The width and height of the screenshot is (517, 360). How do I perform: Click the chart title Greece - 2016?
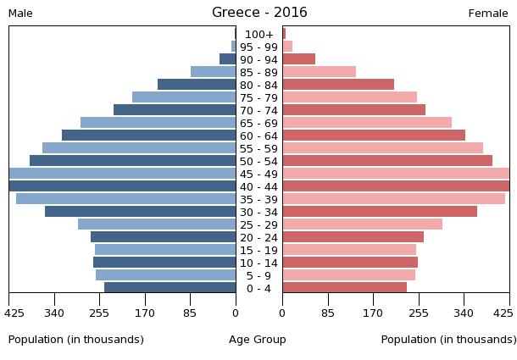[x=259, y=13]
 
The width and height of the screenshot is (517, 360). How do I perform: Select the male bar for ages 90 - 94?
[x=227, y=59]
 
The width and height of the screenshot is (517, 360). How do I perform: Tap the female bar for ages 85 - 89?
[x=319, y=72]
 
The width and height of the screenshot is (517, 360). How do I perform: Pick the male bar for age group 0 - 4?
[x=170, y=288]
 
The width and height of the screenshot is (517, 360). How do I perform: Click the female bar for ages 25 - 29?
[x=362, y=224]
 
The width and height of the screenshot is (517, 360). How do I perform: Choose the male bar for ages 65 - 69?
[x=158, y=123]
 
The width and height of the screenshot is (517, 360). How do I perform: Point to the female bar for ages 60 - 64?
[x=374, y=136]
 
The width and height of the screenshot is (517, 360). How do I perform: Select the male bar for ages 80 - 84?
[x=197, y=85]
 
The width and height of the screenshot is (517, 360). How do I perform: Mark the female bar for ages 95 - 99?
[x=287, y=47]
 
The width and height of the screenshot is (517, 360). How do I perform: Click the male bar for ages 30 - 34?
[x=140, y=212]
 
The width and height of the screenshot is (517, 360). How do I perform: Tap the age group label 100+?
[x=258, y=35]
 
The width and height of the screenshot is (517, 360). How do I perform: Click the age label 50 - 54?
[x=258, y=161]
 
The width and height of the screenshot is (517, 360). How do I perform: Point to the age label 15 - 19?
[x=258, y=250]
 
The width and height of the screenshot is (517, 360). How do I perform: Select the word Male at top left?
[x=20, y=14]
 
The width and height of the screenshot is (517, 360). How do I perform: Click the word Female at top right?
[x=488, y=14]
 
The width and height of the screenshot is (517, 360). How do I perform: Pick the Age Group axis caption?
[x=258, y=340]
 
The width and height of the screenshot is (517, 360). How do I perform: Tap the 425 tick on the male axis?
[x=14, y=311]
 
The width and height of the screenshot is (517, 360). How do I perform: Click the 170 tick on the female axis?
[x=373, y=311]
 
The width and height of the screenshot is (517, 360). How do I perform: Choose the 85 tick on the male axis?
[x=190, y=311]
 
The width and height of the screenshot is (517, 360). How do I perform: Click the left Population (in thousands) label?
[x=76, y=340]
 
